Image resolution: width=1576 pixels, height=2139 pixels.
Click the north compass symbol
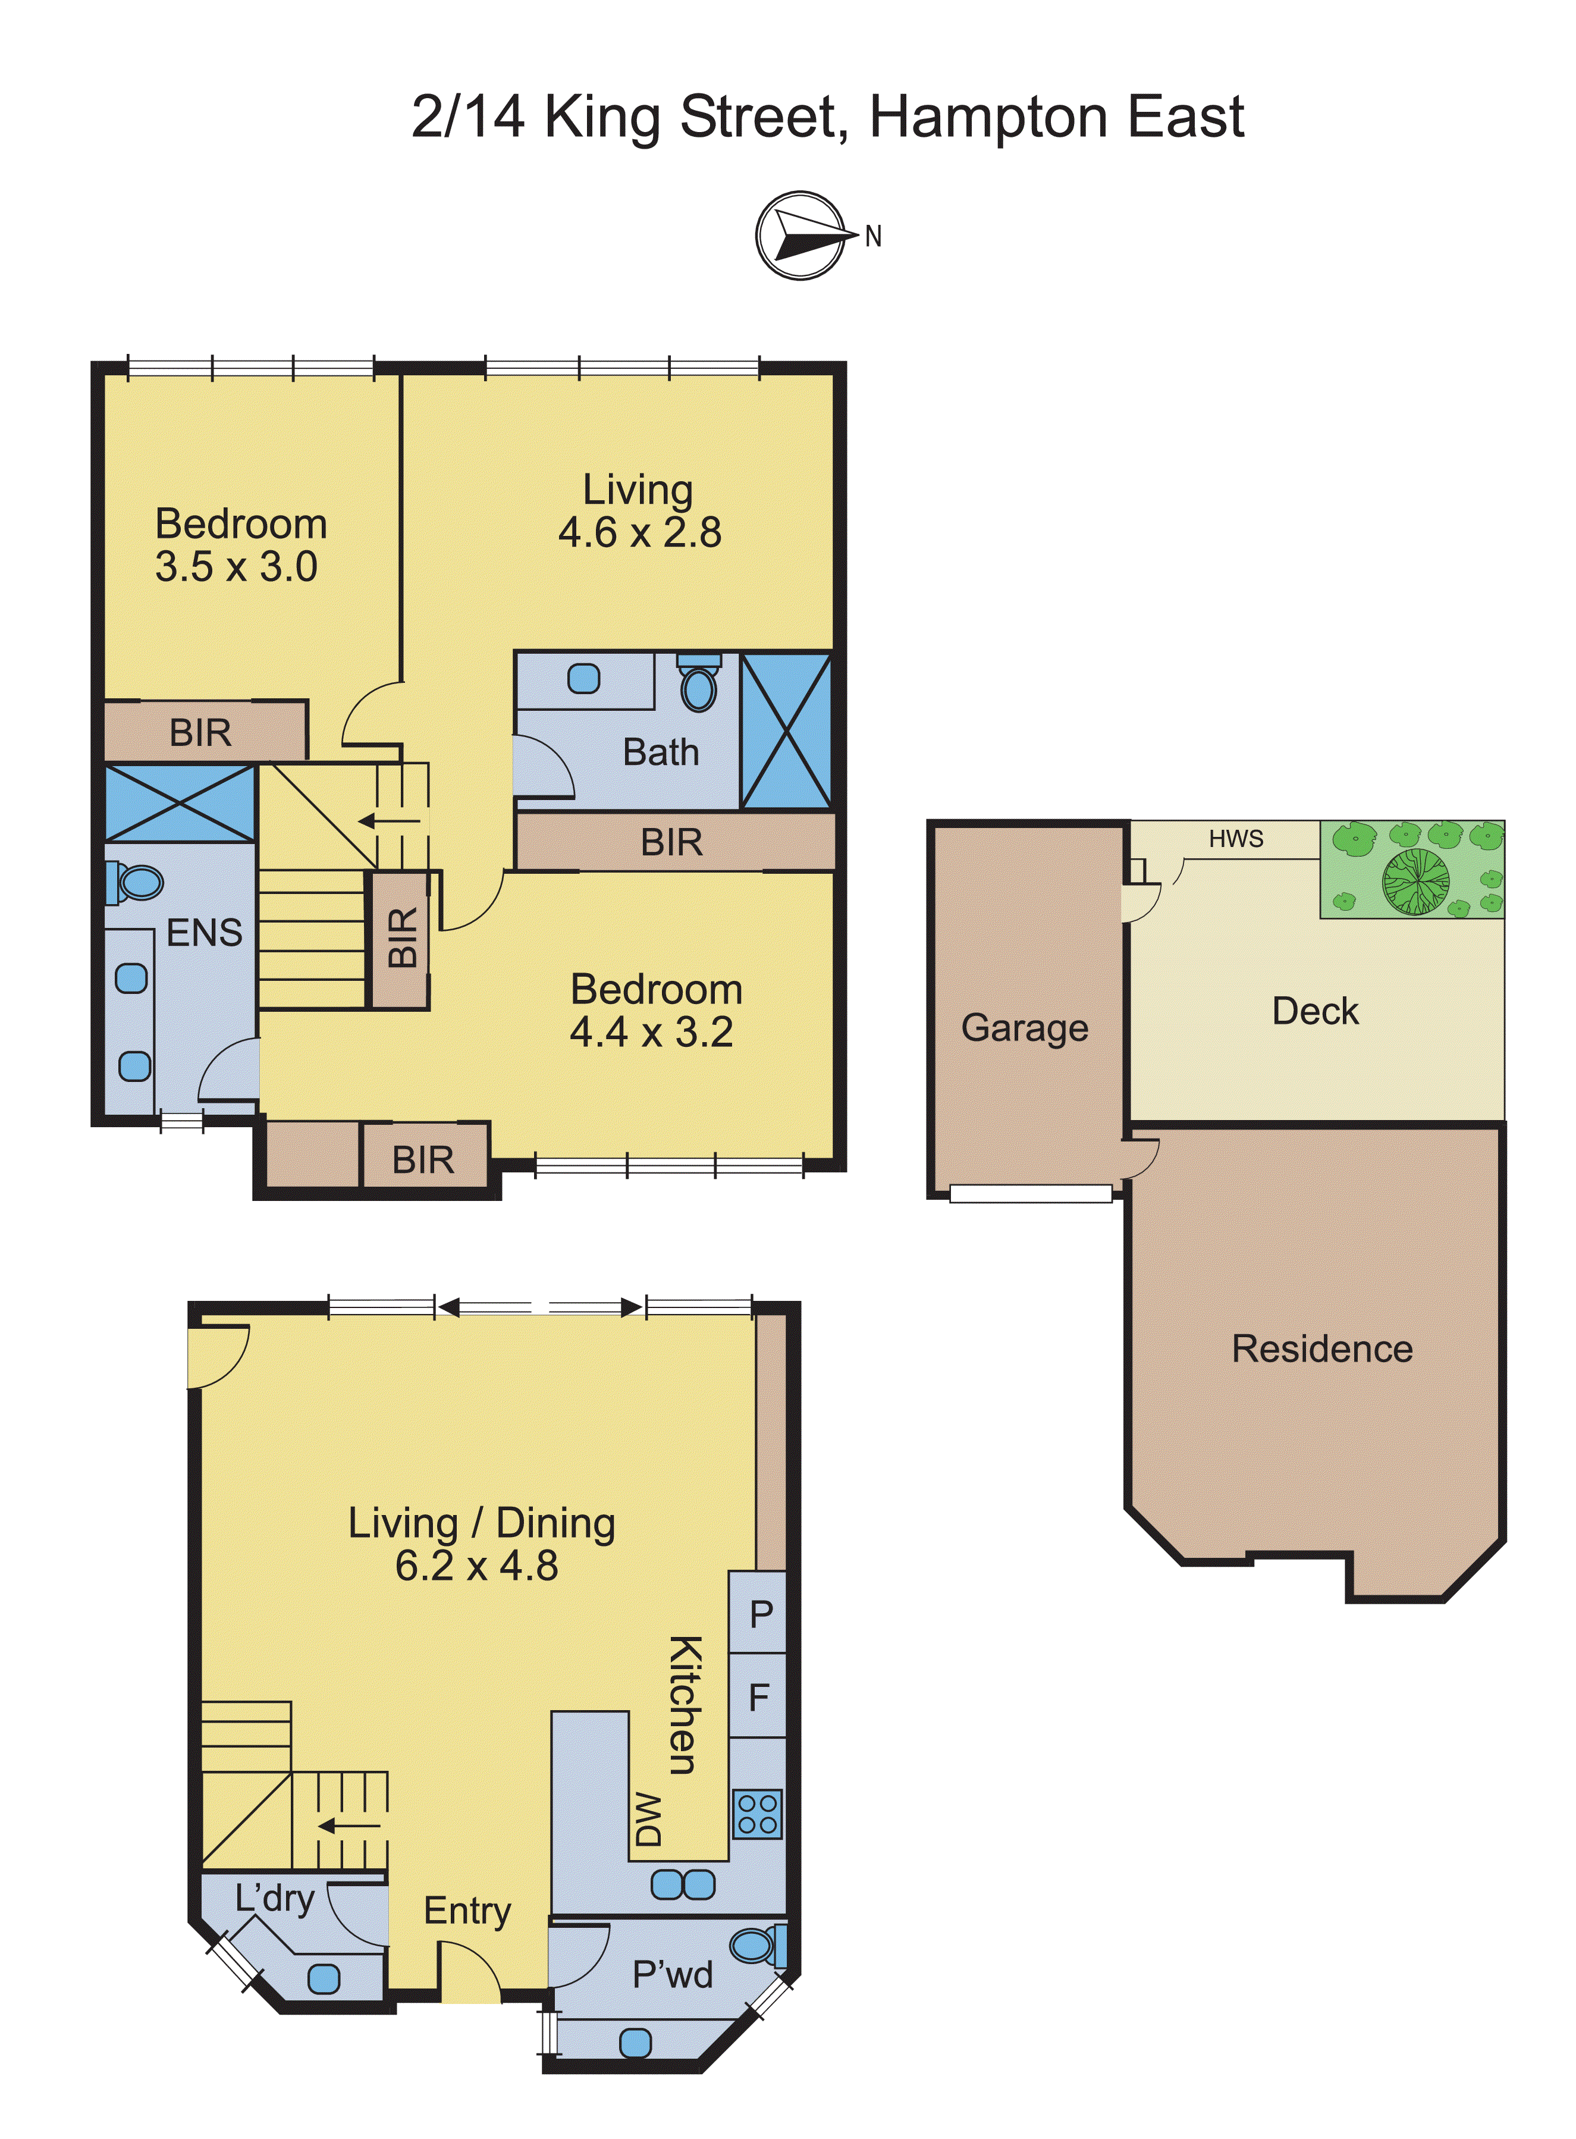coord(801,235)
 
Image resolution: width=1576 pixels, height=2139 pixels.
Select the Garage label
coord(1025,1027)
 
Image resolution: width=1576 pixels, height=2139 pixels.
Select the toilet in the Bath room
coord(699,687)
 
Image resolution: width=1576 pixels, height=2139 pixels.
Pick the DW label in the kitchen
coord(648,1818)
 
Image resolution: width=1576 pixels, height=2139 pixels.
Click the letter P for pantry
coord(760,1614)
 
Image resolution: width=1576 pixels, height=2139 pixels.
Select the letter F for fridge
coord(759,1697)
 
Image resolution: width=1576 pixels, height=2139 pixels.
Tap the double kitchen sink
coord(683,1885)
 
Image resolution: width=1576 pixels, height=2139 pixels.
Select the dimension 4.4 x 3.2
coord(652,1032)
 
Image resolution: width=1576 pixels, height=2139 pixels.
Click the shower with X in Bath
coord(786,731)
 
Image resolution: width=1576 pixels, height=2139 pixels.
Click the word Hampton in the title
coord(989,117)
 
